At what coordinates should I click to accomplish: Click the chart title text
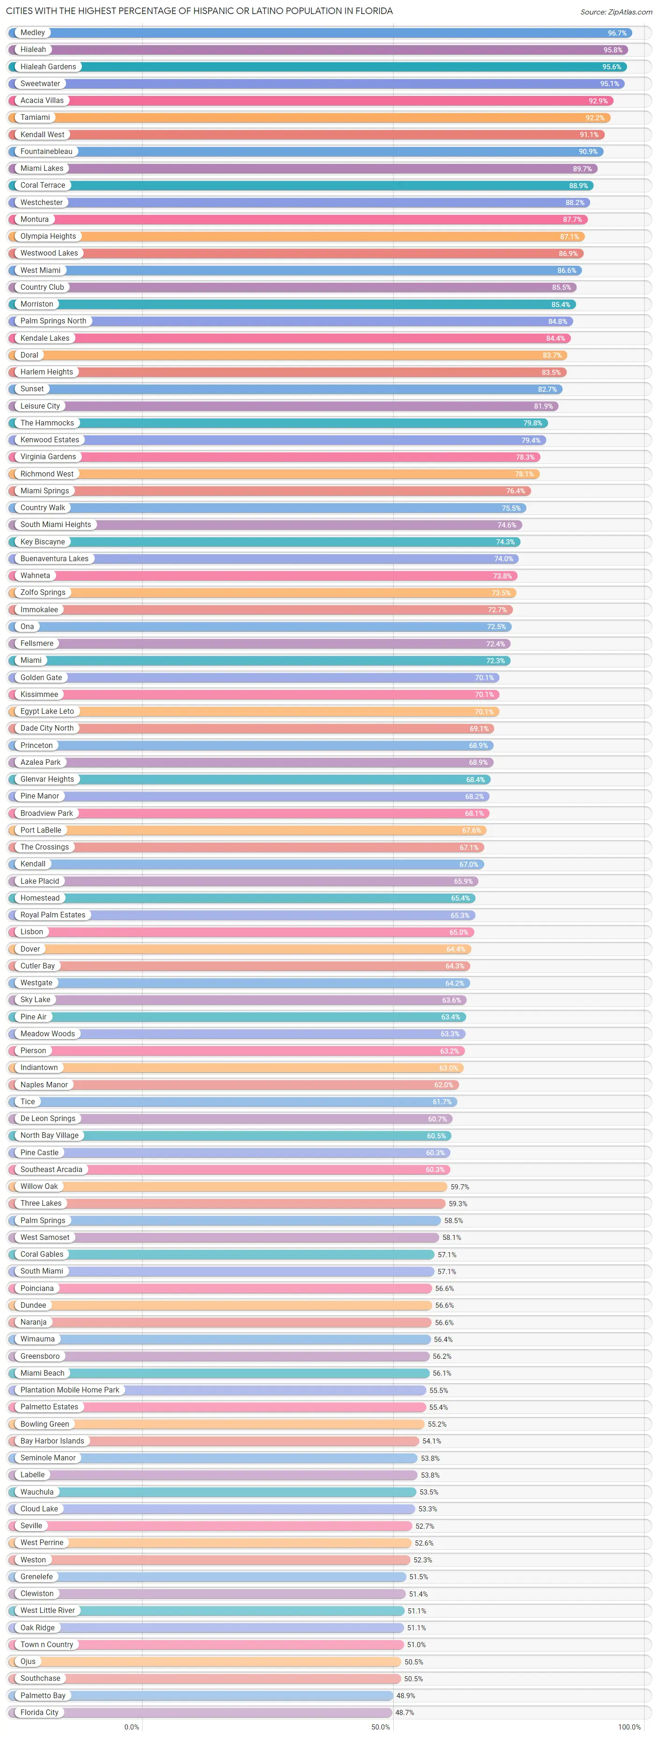[x=199, y=11]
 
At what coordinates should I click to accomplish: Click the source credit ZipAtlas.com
[x=615, y=11]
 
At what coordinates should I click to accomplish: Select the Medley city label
[x=32, y=32]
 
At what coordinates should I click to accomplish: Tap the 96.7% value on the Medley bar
[x=617, y=33]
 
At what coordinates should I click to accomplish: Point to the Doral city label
[x=29, y=355]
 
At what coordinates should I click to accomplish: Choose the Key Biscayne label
[x=43, y=542]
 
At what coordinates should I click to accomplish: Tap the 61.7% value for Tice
[x=442, y=1102]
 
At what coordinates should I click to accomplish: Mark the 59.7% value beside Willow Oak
[x=460, y=1187]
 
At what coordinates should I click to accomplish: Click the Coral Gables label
[x=42, y=1254]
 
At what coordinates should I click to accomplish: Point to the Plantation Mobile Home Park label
[x=69, y=1390]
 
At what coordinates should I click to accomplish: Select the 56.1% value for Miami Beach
[x=442, y=1373]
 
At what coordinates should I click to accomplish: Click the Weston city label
[x=33, y=1560]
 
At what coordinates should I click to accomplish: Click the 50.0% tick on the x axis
[x=380, y=1727]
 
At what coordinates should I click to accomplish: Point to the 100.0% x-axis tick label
[x=629, y=1727]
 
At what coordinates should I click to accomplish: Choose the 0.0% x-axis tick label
[x=132, y=1727]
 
